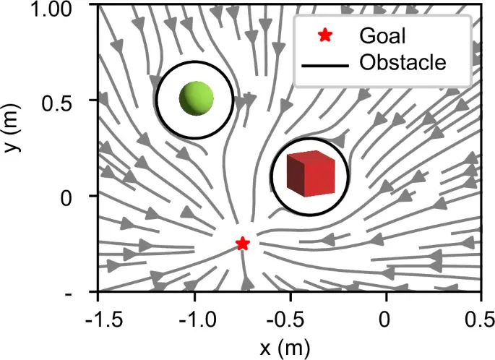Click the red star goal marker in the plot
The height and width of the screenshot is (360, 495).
click(x=243, y=244)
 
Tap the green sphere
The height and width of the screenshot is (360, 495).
click(x=195, y=98)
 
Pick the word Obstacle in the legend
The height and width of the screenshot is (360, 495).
click(x=403, y=62)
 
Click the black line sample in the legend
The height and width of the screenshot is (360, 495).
click(x=325, y=63)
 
